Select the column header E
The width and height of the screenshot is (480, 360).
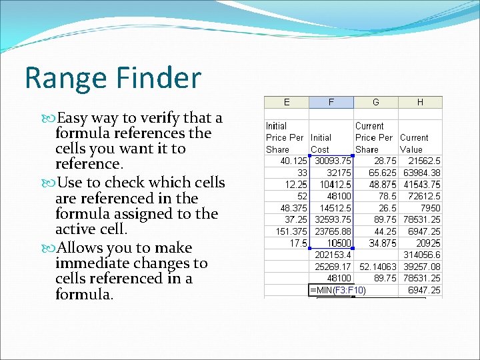coord(287,102)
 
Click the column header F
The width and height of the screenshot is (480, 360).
coord(331,102)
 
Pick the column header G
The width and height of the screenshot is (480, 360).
coord(376,102)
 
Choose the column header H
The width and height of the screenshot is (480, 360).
coord(420,102)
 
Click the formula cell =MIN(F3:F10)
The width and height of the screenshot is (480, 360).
coord(338,290)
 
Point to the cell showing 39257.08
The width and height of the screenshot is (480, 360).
coord(421,266)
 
